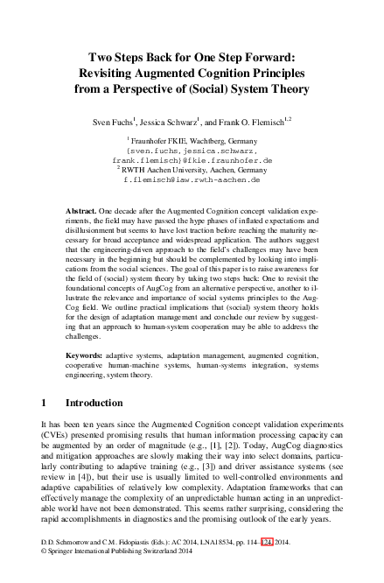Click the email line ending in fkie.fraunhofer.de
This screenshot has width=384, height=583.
(x=192, y=160)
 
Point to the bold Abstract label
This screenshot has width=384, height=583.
(x=81, y=213)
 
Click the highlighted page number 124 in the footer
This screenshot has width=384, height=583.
(x=279, y=565)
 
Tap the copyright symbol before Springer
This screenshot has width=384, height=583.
(x=45, y=574)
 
